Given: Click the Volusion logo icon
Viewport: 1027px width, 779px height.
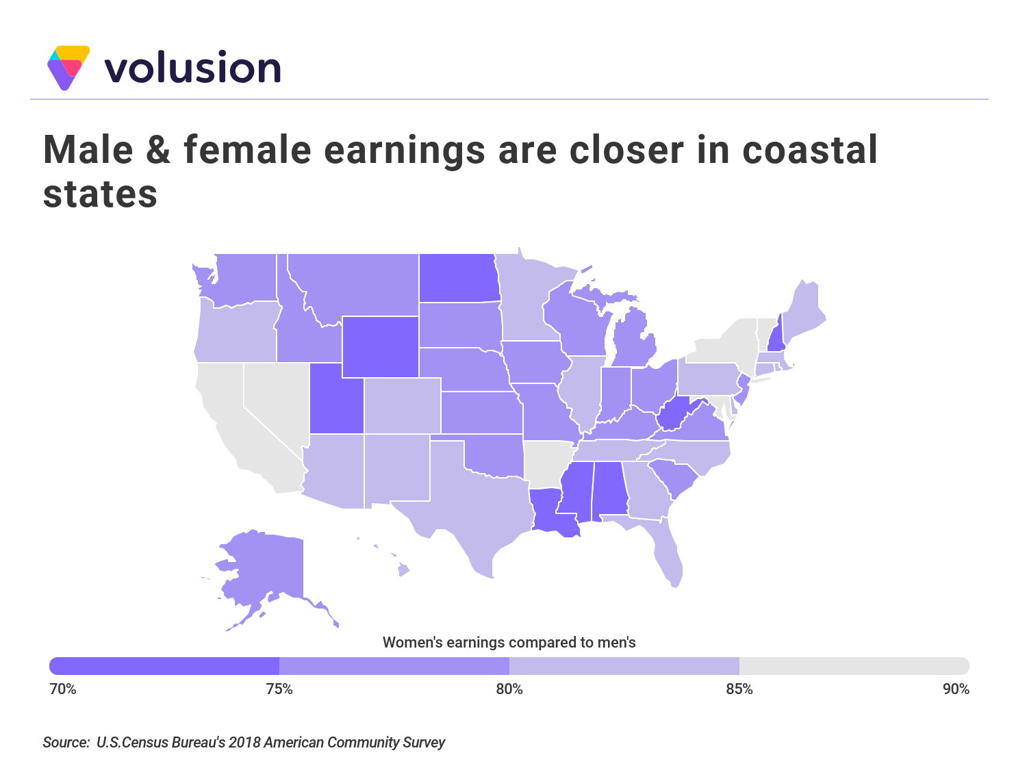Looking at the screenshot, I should point(68,68).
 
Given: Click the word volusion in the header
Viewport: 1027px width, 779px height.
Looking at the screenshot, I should point(192,68).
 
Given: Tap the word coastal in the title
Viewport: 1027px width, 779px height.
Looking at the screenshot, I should point(809,149).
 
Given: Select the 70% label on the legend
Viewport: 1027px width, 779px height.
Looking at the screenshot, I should point(63,689).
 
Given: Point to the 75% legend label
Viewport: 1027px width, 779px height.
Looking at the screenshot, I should point(279,689).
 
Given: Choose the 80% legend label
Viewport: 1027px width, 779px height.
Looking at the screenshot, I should point(509,689).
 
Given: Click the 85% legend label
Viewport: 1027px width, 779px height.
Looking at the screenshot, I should point(739,689).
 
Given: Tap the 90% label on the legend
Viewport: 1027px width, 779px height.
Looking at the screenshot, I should point(956,689).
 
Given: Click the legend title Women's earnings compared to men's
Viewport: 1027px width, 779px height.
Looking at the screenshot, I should point(509,643).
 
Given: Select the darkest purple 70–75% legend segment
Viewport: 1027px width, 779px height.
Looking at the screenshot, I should point(164,666).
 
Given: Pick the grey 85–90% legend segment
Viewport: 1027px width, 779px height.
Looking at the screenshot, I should point(854,666).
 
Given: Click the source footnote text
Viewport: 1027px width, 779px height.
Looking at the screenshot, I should point(244,743).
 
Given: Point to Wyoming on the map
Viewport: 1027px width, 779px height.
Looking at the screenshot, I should point(380,346).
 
